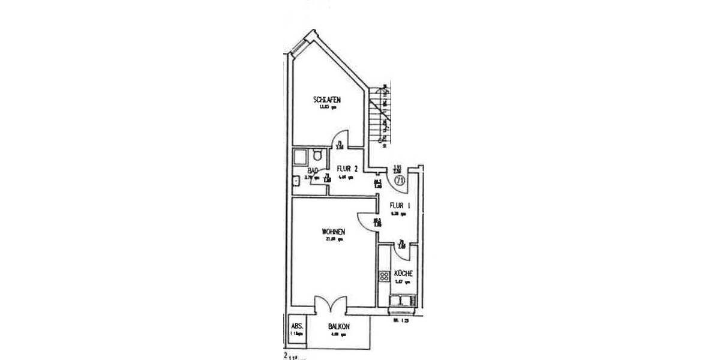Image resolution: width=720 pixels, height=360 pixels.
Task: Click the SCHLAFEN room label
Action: click(x=327, y=100)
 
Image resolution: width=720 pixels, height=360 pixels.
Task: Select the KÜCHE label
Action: click(x=403, y=274)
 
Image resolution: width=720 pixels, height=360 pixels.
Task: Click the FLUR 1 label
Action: click(x=400, y=206)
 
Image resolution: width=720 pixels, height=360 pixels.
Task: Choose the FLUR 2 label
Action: click(x=347, y=169)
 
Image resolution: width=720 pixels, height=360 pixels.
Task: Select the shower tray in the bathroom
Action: click(x=301, y=157)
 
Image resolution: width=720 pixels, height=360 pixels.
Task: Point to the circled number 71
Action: click(x=400, y=179)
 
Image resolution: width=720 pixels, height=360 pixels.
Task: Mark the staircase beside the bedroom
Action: click(x=382, y=114)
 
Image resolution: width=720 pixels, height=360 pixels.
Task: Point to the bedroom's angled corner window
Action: click(x=300, y=43)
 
